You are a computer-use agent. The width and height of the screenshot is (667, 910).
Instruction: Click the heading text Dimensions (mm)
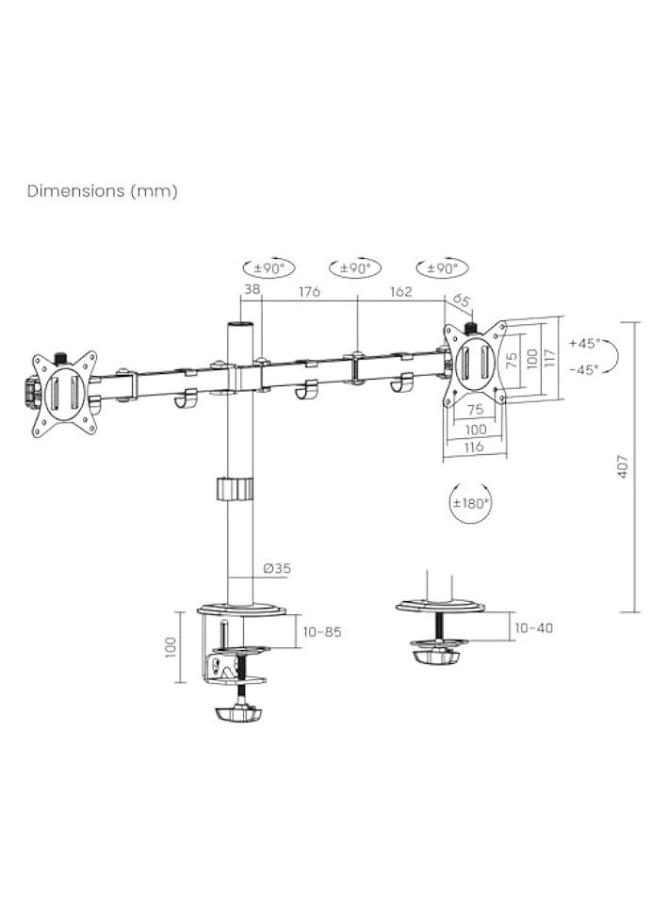tap(102, 191)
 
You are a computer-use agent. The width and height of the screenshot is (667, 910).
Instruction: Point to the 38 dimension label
tap(252, 291)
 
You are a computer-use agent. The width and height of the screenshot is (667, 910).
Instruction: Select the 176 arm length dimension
tap(309, 291)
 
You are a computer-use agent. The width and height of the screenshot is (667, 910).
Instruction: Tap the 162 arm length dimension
tap(400, 291)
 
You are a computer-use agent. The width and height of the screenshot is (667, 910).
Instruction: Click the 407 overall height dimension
tap(623, 467)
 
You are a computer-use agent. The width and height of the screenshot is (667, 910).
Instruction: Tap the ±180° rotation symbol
tap(471, 503)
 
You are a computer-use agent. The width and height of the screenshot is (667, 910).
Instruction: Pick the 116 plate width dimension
tap(474, 447)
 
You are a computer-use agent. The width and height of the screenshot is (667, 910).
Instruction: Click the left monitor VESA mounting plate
tap(64, 394)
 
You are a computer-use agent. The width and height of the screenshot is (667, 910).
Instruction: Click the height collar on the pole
tap(236, 489)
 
